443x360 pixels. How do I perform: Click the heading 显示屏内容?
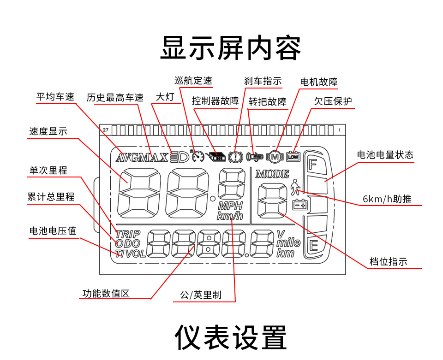pyautogui.click(x=230, y=48)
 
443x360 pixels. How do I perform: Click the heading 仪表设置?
pyautogui.click(x=230, y=337)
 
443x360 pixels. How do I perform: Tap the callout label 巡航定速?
pyautogui.click(x=193, y=81)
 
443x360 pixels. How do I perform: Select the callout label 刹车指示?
pyautogui.click(x=263, y=82)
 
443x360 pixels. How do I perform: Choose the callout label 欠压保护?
pyautogui.click(x=333, y=101)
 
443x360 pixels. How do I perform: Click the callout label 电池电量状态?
pyautogui.click(x=385, y=155)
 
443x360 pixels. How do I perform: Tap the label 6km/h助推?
pyautogui.click(x=387, y=199)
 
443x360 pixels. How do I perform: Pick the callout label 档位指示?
pyautogui.click(x=389, y=262)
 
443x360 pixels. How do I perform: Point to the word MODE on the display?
pyautogui.click(x=272, y=174)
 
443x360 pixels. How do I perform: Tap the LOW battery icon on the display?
pyautogui.click(x=293, y=157)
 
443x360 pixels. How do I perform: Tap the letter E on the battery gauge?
pyautogui.click(x=314, y=245)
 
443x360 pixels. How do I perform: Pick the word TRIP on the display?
pyautogui.click(x=128, y=234)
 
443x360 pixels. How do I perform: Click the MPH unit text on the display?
pyautogui.click(x=230, y=206)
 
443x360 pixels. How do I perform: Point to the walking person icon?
pyautogui.click(x=295, y=188)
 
